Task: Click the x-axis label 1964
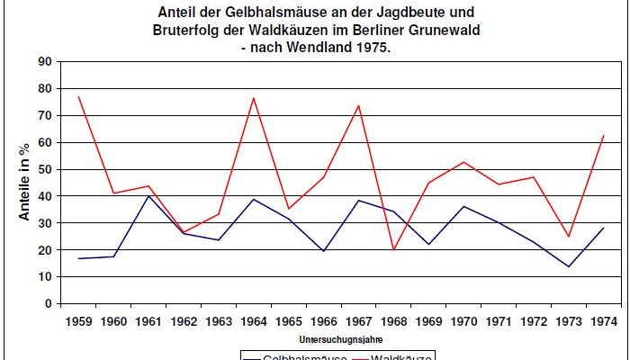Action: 255,320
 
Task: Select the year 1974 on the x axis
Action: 604,320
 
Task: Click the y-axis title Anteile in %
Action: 25,184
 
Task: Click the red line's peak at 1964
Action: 254,98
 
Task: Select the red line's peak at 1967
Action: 358,105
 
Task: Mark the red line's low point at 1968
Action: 393,249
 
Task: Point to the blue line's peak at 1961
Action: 148,195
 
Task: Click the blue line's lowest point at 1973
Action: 569,266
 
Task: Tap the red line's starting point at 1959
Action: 78,96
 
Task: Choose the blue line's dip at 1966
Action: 324,251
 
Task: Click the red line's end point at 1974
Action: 604,135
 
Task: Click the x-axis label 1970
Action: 463,320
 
